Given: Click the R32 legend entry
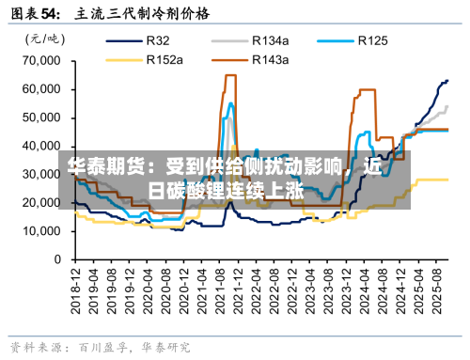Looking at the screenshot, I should (157, 40).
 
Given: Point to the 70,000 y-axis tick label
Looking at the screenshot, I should (40, 61).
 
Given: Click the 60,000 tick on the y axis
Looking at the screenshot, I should (40, 89).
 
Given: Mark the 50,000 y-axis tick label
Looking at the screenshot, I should (40, 117).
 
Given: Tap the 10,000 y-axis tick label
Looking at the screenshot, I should (40, 230).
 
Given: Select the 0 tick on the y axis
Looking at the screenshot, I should (56, 258).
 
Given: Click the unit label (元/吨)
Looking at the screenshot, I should (39, 39).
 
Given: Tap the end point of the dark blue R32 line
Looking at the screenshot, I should (447, 81).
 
